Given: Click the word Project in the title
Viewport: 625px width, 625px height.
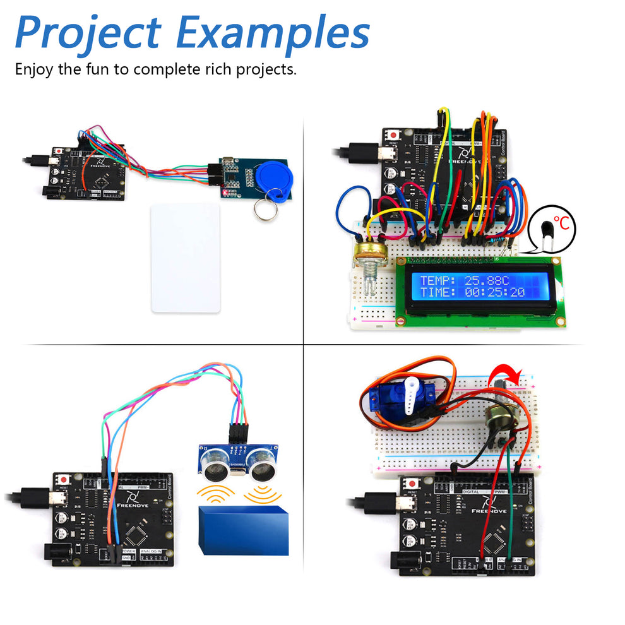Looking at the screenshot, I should point(88,33).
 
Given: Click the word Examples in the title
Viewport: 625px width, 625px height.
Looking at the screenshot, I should point(273,33).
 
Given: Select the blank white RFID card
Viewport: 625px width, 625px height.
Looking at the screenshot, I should point(186,257).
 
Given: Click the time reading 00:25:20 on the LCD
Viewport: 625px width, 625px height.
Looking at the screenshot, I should point(491,292).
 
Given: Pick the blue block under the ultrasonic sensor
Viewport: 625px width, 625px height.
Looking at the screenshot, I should point(243,530).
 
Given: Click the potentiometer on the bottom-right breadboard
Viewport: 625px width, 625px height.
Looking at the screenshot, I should point(498,416).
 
